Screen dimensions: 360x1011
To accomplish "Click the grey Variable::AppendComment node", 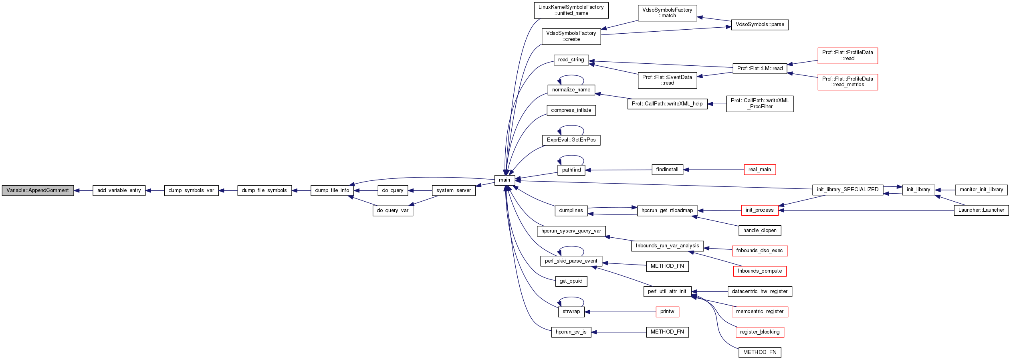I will pos(38,190).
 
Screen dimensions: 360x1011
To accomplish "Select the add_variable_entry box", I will pos(119,190).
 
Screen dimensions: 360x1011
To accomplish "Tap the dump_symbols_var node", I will pos(191,190).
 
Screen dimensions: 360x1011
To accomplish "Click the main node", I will pos(504,180).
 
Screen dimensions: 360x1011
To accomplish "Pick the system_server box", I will pos(454,190).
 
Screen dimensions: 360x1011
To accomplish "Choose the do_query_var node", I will pos(393,210).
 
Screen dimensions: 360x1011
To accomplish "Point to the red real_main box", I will pos(759,170).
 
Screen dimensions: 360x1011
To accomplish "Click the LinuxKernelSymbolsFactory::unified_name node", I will pos(571,10).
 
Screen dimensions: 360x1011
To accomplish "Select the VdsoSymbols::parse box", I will pos(760,24).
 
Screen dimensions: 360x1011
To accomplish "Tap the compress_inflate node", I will pos(571,110).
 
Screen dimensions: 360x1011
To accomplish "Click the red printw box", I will pos(667,311).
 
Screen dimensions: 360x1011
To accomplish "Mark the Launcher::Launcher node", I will pos(981,210).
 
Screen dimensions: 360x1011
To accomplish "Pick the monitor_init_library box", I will pos(981,190).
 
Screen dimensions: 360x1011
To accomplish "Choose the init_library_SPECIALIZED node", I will pos(848,190).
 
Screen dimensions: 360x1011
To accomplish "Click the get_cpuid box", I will pos(571,281).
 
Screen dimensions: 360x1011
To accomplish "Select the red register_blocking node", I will pos(760,332).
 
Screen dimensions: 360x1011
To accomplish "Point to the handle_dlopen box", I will pos(760,231).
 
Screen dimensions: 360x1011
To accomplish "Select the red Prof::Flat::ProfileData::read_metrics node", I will pos(848,82).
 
